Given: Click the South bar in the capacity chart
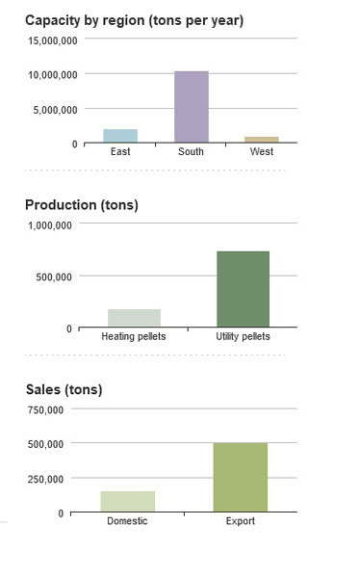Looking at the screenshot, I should (191, 107).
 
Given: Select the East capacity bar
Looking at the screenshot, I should (120, 136).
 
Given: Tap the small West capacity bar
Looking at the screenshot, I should (261, 140).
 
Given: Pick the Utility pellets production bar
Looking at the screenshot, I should (243, 288).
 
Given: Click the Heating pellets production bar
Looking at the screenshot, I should (134, 318).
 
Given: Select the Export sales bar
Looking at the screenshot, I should (240, 477).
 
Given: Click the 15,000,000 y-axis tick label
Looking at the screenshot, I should (52, 39).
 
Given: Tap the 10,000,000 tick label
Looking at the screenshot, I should (52, 74).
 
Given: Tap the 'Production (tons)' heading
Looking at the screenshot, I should (81, 204).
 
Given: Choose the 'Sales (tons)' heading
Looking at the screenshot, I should (64, 389).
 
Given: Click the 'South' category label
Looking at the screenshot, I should (191, 152).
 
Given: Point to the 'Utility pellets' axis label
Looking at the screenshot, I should (243, 336).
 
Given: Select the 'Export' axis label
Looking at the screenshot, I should (240, 521).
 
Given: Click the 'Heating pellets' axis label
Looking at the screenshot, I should (134, 336).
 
